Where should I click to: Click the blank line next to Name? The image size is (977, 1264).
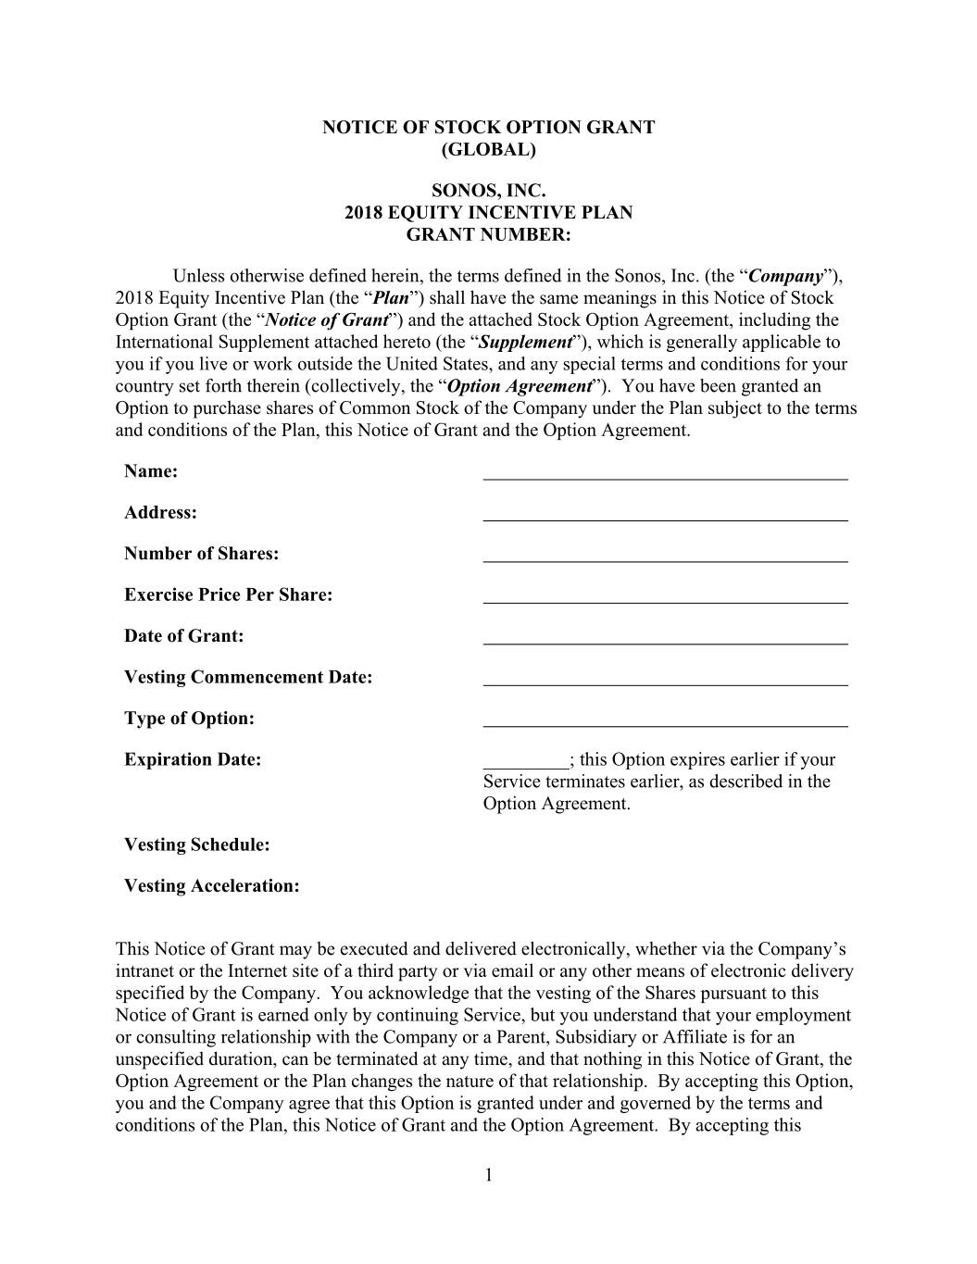665,477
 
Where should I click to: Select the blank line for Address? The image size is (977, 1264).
665,519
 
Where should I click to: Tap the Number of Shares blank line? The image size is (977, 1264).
665,559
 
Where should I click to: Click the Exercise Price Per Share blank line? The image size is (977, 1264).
665,601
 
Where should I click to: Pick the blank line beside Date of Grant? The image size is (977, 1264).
665,642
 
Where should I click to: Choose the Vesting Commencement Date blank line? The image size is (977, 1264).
665,683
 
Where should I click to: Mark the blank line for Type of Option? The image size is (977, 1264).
665,724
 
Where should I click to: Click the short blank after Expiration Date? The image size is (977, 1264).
525,766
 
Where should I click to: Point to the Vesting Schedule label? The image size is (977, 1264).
197,845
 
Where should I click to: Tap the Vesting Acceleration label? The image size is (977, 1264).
212,886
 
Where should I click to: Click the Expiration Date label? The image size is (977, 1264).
193,760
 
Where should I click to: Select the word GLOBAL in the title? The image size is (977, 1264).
488,150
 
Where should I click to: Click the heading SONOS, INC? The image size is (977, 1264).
488,192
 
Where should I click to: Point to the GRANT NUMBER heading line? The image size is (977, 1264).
488,235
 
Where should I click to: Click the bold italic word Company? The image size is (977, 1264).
785,276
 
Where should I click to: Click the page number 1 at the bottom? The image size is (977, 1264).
488,1176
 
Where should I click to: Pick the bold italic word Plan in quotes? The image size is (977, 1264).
391,298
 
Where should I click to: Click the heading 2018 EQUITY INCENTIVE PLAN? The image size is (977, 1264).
488,213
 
